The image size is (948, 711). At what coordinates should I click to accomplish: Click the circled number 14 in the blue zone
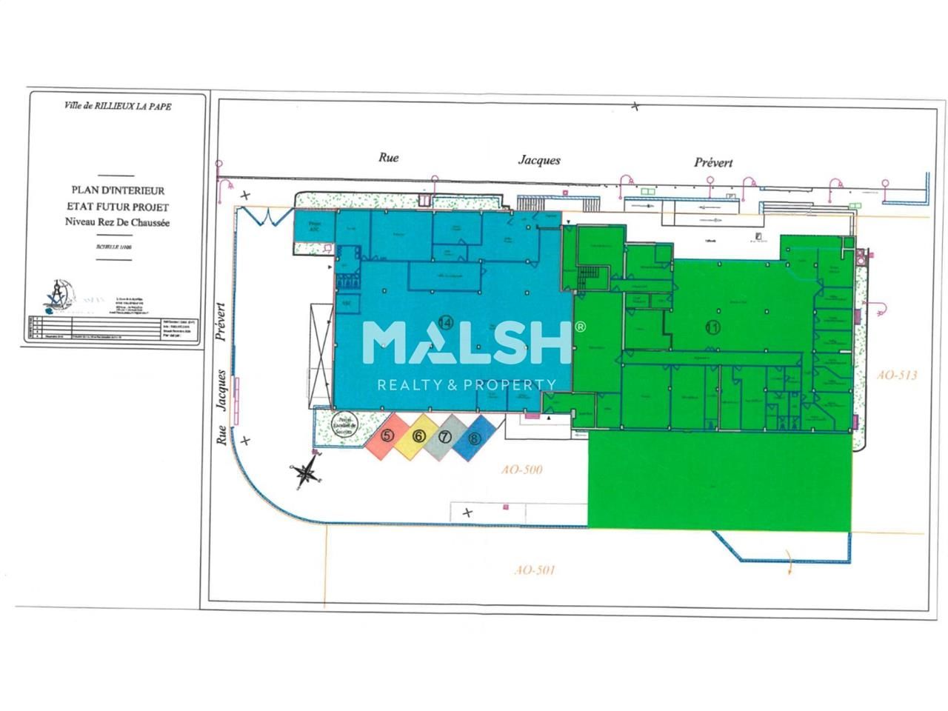[x=445, y=322]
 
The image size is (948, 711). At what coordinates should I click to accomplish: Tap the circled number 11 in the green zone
[x=712, y=327]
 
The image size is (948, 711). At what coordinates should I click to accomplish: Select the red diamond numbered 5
[x=387, y=436]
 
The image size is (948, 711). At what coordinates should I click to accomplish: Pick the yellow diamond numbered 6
[x=418, y=436]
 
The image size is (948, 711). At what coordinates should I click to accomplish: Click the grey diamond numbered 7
[x=444, y=437]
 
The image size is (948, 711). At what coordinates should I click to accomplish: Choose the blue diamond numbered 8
[x=474, y=438]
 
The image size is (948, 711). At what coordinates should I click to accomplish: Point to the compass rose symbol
[x=306, y=473]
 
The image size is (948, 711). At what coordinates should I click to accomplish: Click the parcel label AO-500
[x=522, y=470]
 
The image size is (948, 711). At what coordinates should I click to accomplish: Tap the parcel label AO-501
[x=534, y=570]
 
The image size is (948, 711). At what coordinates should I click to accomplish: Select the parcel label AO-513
[x=896, y=375]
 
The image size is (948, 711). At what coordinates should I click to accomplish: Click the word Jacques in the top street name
[x=538, y=160]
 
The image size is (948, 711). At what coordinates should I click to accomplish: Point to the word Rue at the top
[x=389, y=157]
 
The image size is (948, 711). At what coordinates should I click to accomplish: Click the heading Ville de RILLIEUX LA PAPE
[x=118, y=107]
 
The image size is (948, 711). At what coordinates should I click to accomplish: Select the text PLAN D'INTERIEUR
[x=118, y=191]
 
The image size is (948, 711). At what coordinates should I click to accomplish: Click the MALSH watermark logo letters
[x=468, y=341]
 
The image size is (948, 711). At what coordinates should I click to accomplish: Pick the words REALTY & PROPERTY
[x=467, y=384]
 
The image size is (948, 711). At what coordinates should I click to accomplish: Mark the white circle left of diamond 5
[x=343, y=427]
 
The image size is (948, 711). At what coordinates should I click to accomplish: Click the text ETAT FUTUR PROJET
[x=118, y=207]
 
